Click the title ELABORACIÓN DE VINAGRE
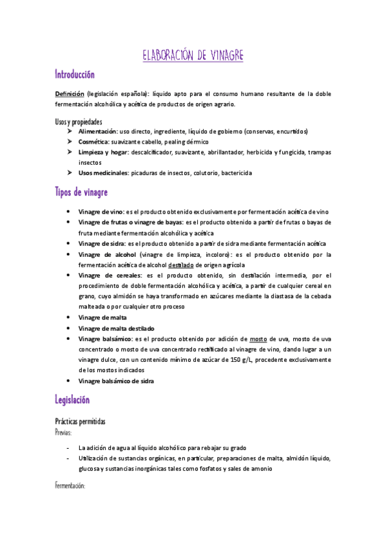pos(193,55)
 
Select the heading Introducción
pos(75,75)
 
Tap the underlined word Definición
pos(70,94)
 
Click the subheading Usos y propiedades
pos(78,121)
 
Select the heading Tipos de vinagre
pos(81,192)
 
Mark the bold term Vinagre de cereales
pos(108,275)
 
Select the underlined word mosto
pos(258,338)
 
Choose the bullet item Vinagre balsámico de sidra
pos(116,381)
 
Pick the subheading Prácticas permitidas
pos(81,421)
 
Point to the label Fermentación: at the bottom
pos(70,487)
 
